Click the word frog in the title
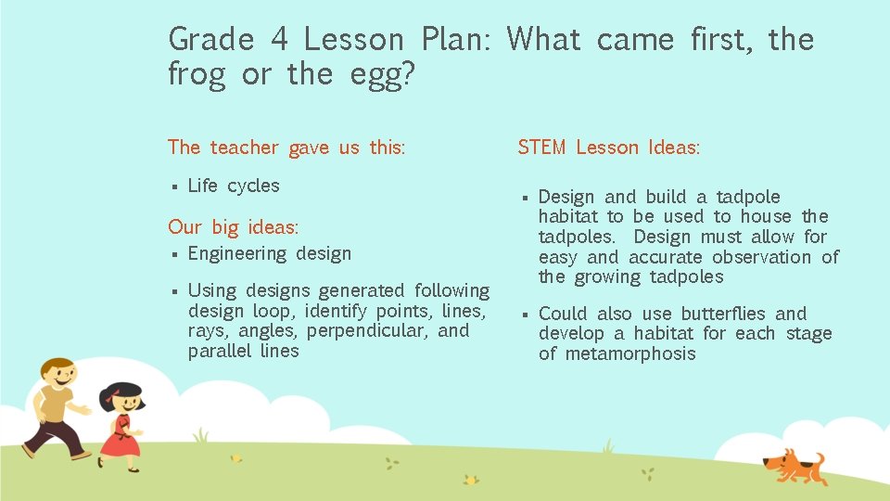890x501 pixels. pos(197,75)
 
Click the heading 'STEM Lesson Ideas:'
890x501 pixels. pos(608,148)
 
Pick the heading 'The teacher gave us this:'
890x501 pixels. pos(286,148)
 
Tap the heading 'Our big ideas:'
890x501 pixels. pos(233,227)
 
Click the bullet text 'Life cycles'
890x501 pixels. pos(234,186)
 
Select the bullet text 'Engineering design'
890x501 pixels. pos(270,253)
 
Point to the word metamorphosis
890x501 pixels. pos(629,353)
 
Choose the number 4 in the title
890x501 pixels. pos(279,40)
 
